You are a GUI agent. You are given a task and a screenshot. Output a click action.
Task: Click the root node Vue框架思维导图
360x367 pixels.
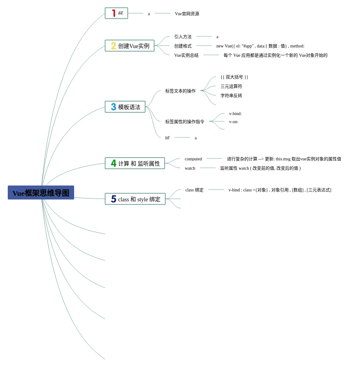tap(41, 193)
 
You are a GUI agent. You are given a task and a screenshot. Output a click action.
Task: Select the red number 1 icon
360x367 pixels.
tap(114, 13)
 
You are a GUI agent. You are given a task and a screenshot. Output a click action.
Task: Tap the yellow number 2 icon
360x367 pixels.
tap(113, 46)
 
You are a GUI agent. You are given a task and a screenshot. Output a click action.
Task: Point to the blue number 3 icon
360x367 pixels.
tap(113, 107)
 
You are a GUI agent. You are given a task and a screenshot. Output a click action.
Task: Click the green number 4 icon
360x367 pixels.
tap(113, 163)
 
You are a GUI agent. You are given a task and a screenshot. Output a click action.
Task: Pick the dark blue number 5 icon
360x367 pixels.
tap(113, 199)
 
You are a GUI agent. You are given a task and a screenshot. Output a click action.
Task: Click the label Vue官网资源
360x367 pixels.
tap(187, 14)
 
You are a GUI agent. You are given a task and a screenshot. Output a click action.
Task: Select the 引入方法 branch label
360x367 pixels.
tap(183, 37)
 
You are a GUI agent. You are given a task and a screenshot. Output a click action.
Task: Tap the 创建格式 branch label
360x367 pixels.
tap(183, 46)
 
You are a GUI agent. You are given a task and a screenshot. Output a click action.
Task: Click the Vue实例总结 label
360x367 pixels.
tap(186, 55)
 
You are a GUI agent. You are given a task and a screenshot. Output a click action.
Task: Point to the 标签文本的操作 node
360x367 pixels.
tap(180, 91)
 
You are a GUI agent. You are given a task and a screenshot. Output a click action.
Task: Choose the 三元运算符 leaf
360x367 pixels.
tap(231, 86)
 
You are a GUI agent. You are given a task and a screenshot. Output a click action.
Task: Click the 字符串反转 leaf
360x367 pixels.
tap(231, 96)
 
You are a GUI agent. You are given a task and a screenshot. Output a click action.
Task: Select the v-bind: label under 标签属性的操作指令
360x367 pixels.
tap(235, 114)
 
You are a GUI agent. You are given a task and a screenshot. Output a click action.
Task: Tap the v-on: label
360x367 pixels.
tap(234, 122)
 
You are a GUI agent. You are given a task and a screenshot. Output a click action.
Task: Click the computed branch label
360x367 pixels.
tap(193, 159)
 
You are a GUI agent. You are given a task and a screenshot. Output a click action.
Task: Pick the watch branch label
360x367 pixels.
tap(190, 168)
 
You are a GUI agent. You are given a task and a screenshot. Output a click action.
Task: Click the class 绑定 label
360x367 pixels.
tap(194, 190)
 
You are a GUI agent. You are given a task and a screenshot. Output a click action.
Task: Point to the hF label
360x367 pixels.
tap(167, 138)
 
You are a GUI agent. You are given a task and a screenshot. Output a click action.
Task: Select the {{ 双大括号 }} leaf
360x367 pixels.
tap(234, 77)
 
